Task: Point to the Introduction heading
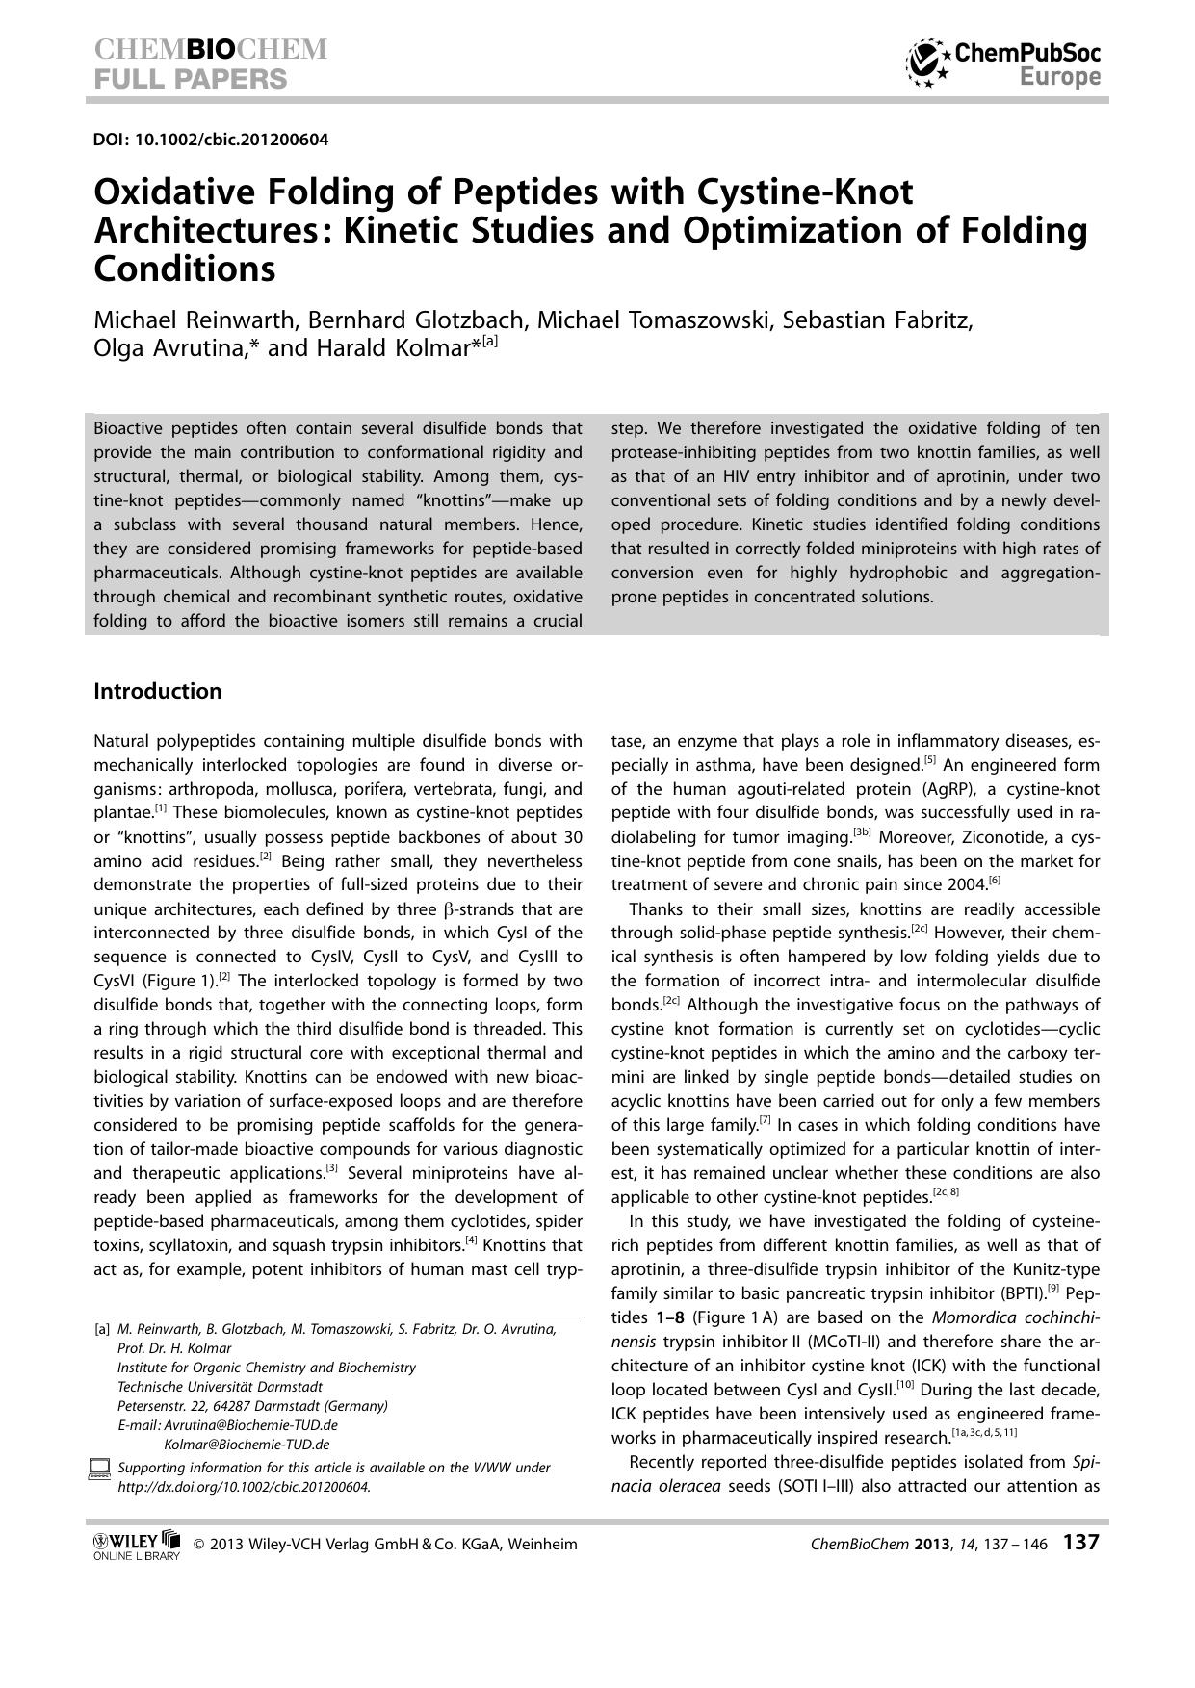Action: tap(158, 691)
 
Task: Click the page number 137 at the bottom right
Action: tap(1080, 1543)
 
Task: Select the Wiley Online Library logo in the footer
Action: tap(136, 1545)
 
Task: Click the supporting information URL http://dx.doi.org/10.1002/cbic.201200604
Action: tap(244, 1486)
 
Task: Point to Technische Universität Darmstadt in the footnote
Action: tap(220, 1387)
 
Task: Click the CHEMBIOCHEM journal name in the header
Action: tap(211, 50)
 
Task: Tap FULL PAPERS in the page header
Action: tap(191, 79)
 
